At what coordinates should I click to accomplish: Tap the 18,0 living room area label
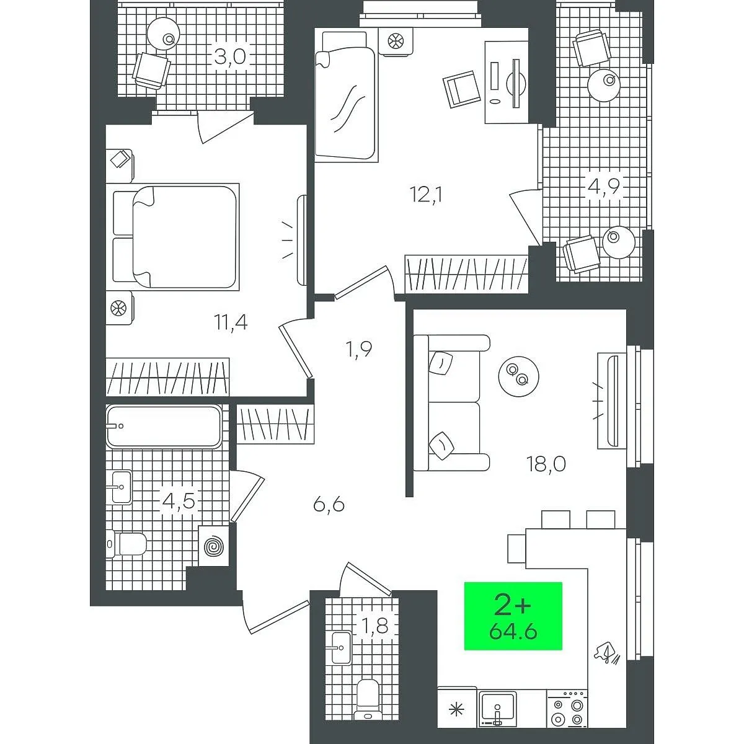(x=546, y=464)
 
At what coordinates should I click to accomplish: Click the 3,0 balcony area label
(x=230, y=58)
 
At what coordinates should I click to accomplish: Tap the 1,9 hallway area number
(x=359, y=350)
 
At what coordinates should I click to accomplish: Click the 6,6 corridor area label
(x=329, y=505)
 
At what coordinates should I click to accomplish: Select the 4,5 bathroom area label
(x=179, y=502)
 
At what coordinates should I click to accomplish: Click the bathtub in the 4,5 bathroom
(x=164, y=426)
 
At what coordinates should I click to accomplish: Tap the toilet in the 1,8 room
(x=368, y=704)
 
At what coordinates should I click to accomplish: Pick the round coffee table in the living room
(x=518, y=376)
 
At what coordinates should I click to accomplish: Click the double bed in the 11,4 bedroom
(x=176, y=237)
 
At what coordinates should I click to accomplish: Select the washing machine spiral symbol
(x=213, y=547)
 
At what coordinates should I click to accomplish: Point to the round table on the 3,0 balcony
(x=164, y=33)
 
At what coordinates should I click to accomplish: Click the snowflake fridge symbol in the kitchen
(x=457, y=710)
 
